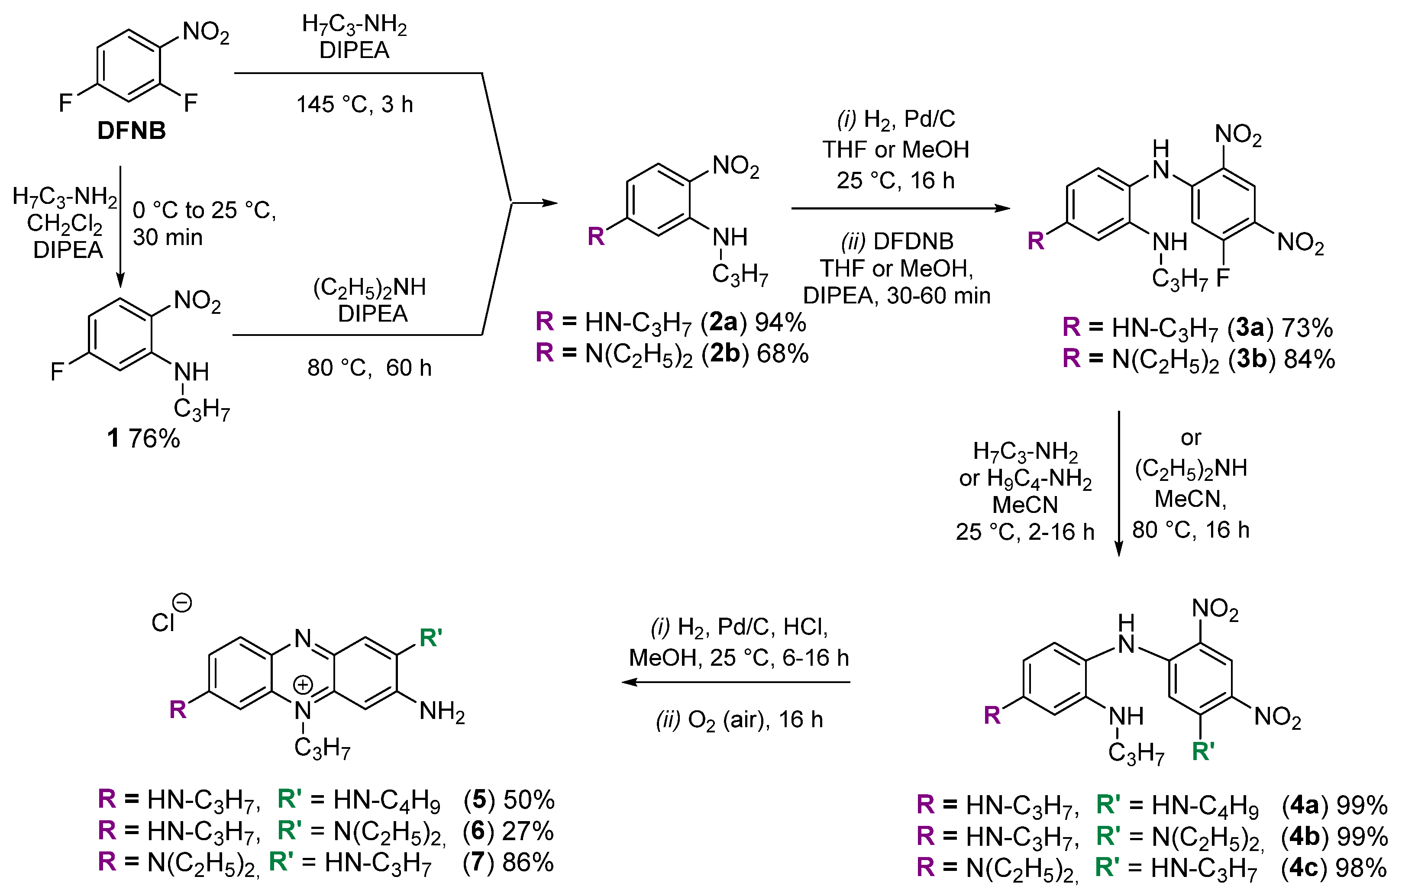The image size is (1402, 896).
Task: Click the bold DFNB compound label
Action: pos(132,131)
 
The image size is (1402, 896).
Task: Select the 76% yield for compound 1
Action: pos(154,438)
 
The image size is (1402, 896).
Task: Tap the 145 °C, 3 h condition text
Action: pos(355,105)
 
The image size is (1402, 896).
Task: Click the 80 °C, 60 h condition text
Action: pos(369,368)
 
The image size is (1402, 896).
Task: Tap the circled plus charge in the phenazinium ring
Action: pos(303,685)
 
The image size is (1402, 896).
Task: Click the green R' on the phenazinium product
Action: pos(431,638)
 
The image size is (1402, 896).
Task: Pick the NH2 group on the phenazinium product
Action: pos(442,712)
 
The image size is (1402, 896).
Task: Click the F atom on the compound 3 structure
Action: pos(1223,278)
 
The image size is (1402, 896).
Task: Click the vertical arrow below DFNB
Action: pos(120,227)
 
